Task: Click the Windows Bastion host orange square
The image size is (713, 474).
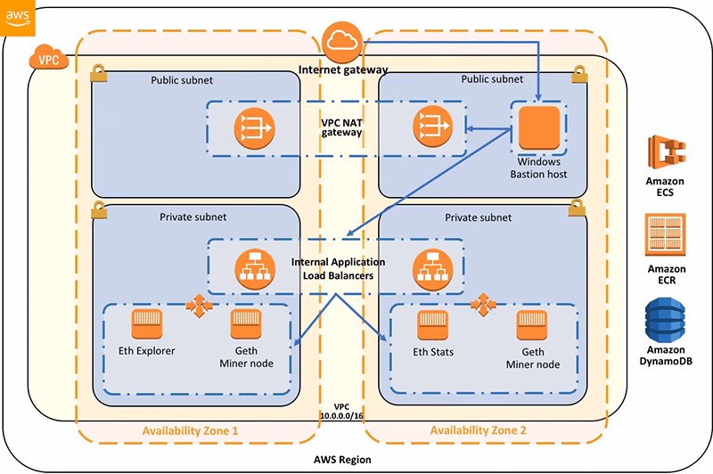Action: (538, 129)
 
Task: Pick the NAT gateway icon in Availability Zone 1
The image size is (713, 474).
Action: (252, 129)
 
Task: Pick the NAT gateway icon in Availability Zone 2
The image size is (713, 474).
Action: (431, 129)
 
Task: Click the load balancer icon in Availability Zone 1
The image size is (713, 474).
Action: (252, 267)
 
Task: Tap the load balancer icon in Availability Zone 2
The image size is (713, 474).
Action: (431, 267)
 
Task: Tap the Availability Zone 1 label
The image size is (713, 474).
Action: (192, 431)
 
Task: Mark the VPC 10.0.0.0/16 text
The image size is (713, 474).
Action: (342, 412)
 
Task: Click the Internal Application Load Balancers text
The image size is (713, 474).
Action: (339, 268)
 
